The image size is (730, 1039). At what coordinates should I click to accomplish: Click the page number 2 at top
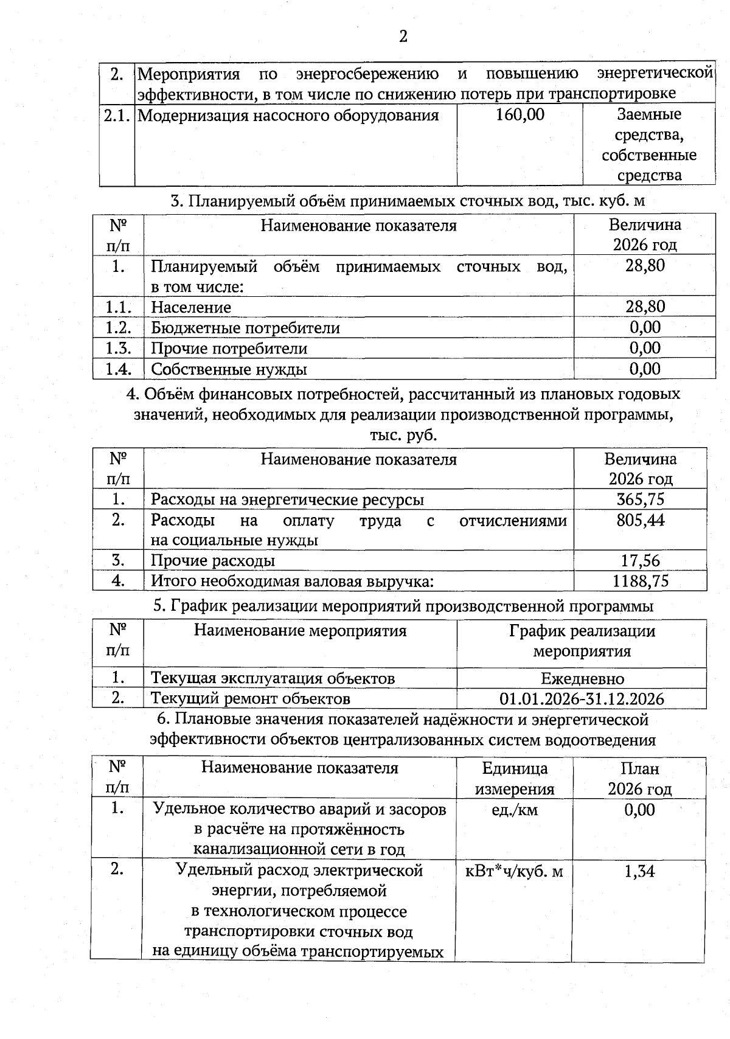click(403, 36)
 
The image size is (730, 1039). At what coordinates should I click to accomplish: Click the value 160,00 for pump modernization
click(520, 114)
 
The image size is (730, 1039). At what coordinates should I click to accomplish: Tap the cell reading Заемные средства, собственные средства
click(649, 145)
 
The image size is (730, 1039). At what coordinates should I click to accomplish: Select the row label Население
click(191, 308)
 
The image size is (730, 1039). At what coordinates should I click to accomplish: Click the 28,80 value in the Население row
click(645, 307)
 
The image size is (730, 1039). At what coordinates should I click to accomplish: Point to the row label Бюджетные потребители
click(245, 328)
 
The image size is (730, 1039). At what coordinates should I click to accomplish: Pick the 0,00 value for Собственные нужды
click(645, 369)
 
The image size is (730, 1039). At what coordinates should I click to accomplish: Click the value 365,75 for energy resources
click(640, 499)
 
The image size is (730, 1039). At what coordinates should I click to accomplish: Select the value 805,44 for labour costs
click(640, 520)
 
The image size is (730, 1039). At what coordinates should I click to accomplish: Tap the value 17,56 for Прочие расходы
click(640, 561)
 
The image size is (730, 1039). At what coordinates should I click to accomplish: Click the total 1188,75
click(640, 581)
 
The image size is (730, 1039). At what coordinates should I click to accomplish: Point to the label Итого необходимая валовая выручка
click(292, 582)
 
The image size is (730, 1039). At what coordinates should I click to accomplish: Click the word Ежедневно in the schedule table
click(582, 678)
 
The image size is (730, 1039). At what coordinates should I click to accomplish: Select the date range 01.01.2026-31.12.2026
click(582, 699)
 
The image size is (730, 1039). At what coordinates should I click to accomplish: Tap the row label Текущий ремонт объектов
click(250, 698)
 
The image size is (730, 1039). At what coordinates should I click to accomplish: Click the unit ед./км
click(515, 810)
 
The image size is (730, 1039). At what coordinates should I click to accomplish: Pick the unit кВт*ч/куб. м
click(514, 872)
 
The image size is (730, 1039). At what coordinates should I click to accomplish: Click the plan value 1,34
click(639, 872)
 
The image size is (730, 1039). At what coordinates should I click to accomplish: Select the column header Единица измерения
click(515, 779)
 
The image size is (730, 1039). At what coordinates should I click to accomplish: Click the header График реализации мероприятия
click(582, 641)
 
